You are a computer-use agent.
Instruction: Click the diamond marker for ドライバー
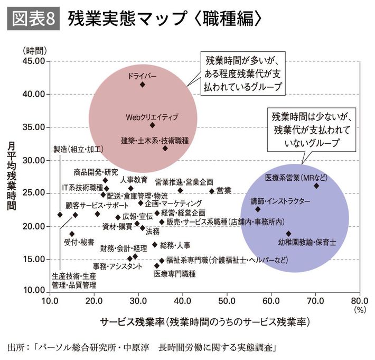[142, 84]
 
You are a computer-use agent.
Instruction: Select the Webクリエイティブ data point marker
[152, 125]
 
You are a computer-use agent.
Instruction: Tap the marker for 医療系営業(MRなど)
[316, 186]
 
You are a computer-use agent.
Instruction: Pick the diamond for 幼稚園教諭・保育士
[288, 233]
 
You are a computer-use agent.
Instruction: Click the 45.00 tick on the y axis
[33, 61]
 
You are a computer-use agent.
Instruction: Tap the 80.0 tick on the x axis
[359, 301]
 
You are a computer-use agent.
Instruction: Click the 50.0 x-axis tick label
[227, 301]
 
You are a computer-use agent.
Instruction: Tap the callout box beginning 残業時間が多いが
[242, 73]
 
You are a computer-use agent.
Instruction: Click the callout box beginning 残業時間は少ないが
[311, 129]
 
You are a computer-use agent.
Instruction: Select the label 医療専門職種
[175, 274]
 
